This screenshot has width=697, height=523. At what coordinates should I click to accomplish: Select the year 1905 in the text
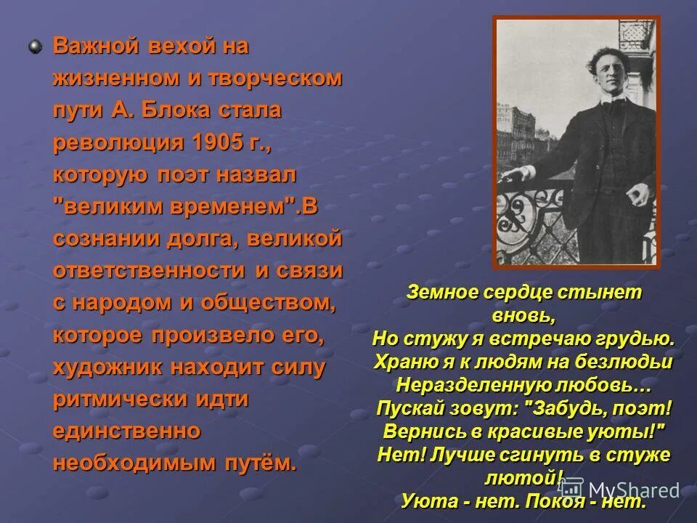tap(219, 142)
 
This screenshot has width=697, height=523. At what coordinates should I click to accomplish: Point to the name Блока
tap(174, 110)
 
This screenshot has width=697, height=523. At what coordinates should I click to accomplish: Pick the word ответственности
tap(149, 270)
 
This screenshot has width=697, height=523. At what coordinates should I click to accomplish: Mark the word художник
tap(107, 366)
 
